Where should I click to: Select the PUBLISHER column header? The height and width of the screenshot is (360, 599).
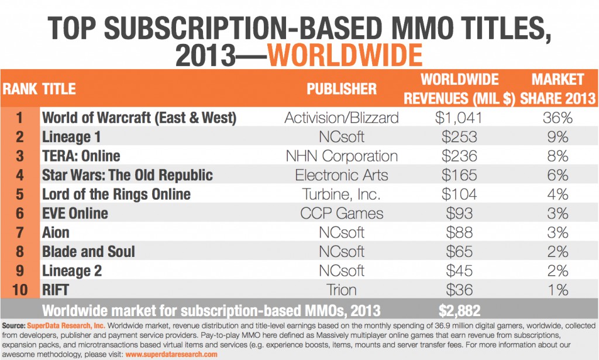(x=342, y=89)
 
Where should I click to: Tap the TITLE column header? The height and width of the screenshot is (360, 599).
(x=59, y=89)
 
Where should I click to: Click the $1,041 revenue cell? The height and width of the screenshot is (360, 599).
(x=459, y=118)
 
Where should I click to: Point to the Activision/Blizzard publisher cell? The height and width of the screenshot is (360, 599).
(x=342, y=118)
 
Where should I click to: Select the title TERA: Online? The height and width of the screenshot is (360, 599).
(x=81, y=156)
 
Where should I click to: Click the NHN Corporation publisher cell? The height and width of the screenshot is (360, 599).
(x=342, y=156)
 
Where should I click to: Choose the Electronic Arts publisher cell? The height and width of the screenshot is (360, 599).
(x=342, y=175)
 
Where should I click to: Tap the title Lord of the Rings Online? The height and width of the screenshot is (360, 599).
(x=116, y=194)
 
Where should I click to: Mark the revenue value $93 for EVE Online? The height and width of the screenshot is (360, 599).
(x=459, y=213)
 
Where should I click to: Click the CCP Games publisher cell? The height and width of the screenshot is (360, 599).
(x=342, y=213)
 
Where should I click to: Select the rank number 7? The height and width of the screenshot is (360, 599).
(x=19, y=232)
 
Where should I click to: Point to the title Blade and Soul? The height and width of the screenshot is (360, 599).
(x=88, y=252)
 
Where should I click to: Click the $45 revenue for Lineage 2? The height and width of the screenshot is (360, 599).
(x=459, y=270)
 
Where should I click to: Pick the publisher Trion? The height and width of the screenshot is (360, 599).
(x=342, y=290)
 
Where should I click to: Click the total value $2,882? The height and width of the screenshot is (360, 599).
(x=459, y=309)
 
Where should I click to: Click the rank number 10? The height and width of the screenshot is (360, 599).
(x=19, y=290)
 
